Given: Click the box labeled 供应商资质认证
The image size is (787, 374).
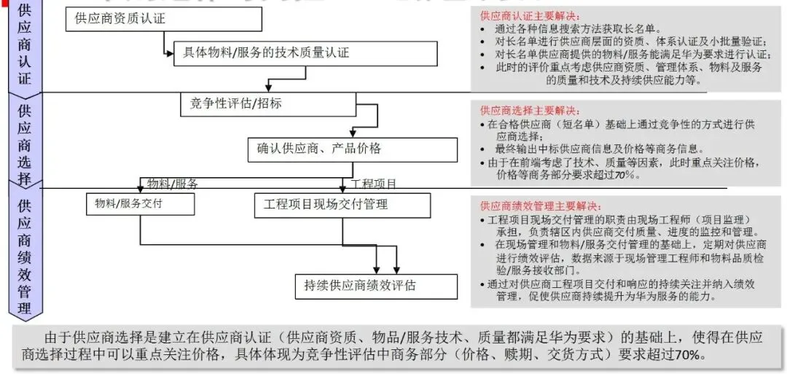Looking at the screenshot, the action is tap(163, 20).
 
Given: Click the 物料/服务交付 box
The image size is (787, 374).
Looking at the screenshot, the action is tap(140, 204).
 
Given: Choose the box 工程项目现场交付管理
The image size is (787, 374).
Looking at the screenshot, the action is tap(342, 204).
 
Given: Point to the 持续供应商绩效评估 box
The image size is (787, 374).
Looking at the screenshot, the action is tap(375, 286).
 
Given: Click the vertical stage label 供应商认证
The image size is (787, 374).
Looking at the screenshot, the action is tap(25, 44).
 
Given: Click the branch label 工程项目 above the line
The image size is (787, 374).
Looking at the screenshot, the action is tap(374, 184).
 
